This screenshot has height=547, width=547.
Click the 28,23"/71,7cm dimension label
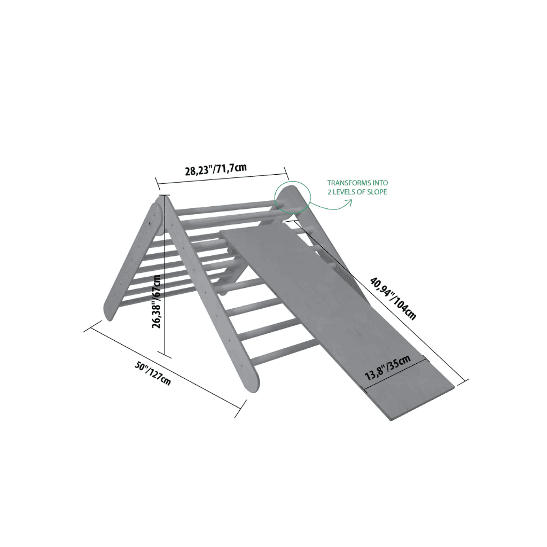click(x=216, y=170)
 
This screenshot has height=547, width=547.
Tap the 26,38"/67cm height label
click(x=157, y=301)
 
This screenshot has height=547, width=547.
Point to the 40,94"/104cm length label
click(x=393, y=298)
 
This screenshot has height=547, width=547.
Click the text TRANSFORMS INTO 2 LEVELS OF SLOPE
click(x=357, y=187)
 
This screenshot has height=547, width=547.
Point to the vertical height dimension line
click(x=165, y=278)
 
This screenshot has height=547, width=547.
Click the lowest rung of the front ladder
click(x=283, y=352)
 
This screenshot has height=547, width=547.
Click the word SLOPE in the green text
click(x=377, y=192)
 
